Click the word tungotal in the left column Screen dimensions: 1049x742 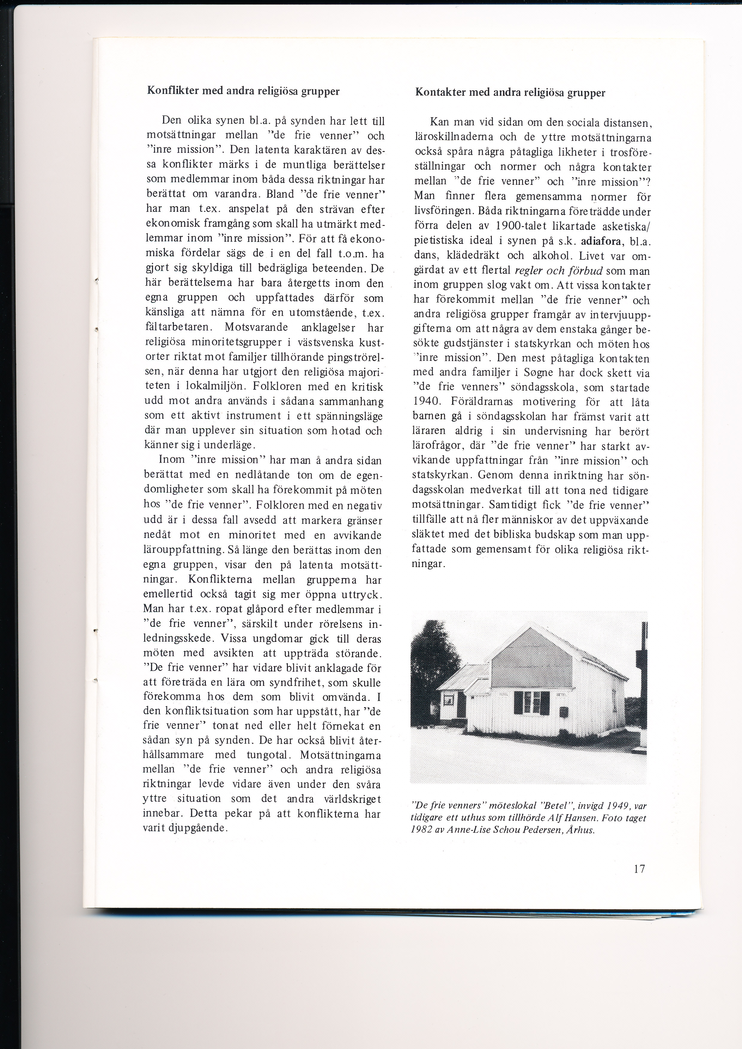(267, 755)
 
